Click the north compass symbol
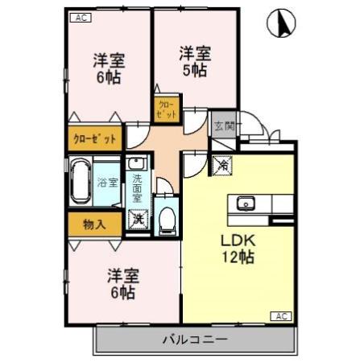click(281, 25)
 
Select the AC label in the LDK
click(283, 315)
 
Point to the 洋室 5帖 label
click(195, 61)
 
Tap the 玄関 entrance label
click(223, 126)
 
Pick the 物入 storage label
click(94, 224)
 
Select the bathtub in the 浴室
click(80, 183)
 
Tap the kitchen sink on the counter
click(246, 203)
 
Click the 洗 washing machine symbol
click(139, 219)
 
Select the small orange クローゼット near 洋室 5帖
click(167, 109)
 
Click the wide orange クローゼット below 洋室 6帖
click(95, 138)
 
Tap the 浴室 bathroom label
click(106, 183)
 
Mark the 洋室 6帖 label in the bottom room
click(122, 284)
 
